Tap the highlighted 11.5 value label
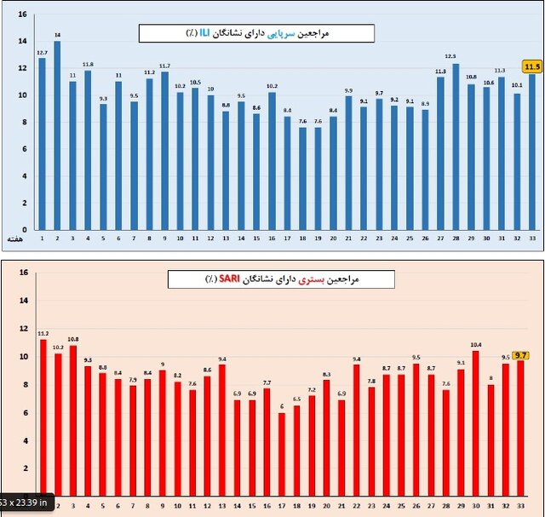pos(533,66)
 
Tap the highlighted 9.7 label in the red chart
pos(521,354)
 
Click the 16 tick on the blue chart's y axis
pos(22,14)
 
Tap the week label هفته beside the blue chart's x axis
pos(13,242)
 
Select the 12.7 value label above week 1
pos(42,52)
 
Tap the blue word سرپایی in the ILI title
pos(282,33)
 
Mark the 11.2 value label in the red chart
pos(43,334)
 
